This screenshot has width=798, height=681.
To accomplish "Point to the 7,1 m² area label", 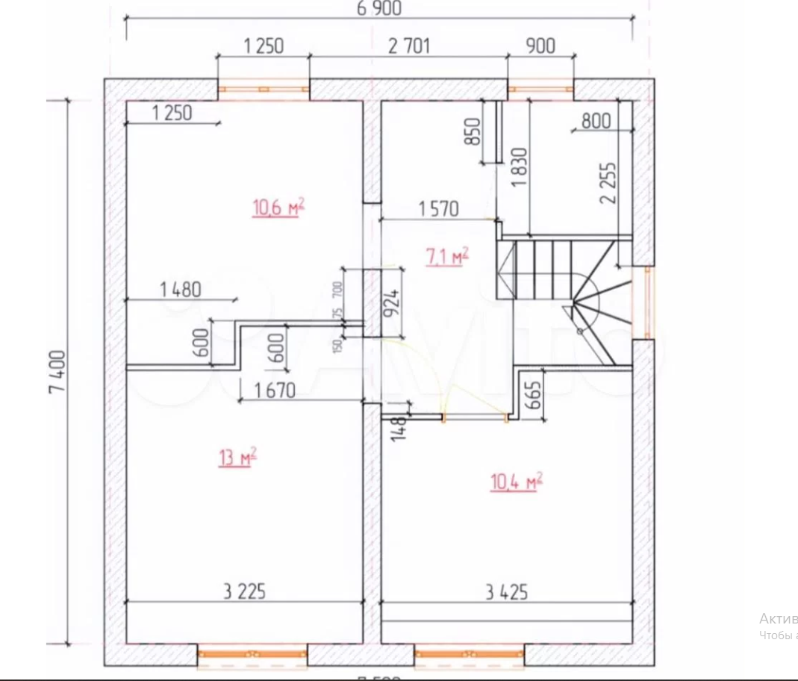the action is point(447,256).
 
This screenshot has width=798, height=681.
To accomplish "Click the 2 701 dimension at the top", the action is point(409,46).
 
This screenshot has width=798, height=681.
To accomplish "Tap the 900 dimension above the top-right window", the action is point(540,46).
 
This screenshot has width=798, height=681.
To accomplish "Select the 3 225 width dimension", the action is point(244,593).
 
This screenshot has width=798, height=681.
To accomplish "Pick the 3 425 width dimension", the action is point(507,593).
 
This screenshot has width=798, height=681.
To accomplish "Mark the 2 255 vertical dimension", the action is point(608,183).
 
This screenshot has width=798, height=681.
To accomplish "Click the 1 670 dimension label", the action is point(275,390).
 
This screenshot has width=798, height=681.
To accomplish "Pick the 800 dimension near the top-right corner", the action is point(596,121).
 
